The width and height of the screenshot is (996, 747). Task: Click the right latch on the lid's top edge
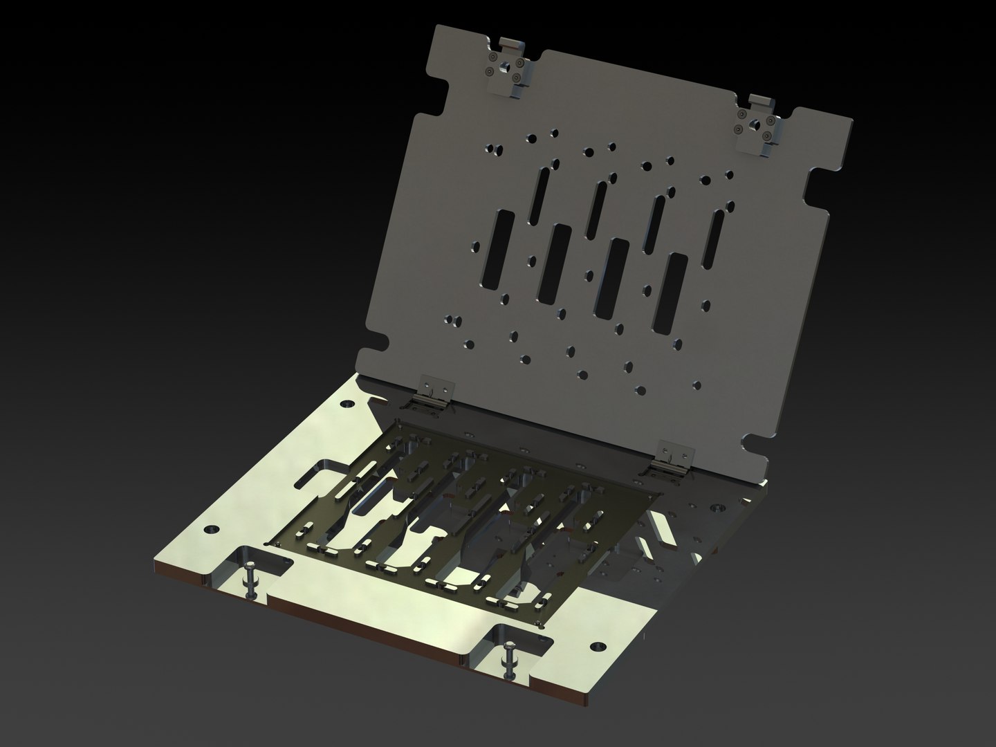coord(761,124)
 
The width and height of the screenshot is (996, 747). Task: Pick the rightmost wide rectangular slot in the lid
coord(672,294)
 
